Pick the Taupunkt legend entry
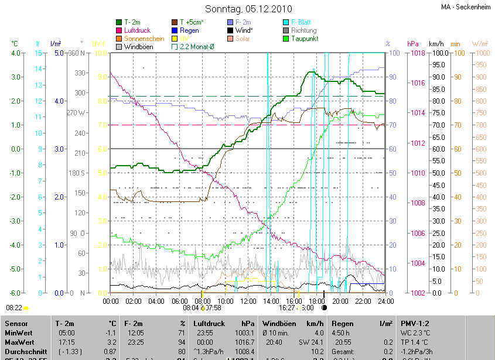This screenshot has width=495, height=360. tap(303, 39)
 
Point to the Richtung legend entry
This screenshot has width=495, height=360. tap(303, 30)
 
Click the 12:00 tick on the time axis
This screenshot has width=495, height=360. tap(248, 301)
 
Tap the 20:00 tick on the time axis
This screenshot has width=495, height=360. tap(339, 301)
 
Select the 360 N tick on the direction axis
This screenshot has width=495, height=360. tap(78, 53)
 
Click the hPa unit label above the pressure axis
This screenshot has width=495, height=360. tap(412, 44)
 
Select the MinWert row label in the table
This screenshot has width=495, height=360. tap(19, 332)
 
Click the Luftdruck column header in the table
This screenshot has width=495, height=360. tap(209, 323)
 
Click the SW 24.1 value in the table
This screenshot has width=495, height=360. tap(309, 342)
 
